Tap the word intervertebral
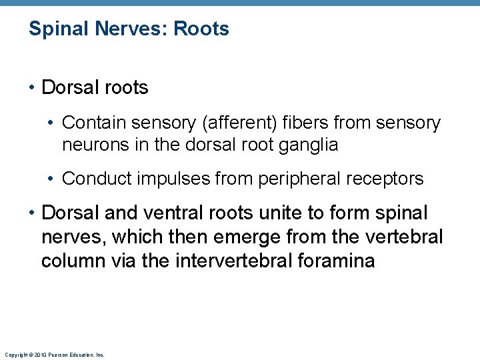tap(231, 261)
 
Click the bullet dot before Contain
tap(52, 124)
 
